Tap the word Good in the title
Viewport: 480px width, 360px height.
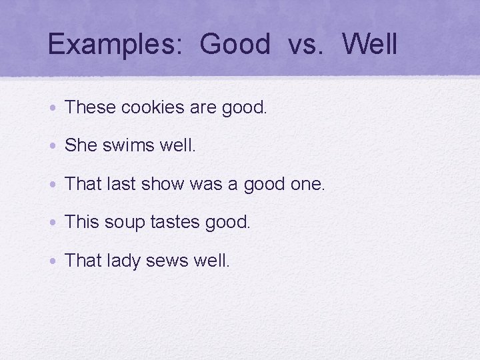235,45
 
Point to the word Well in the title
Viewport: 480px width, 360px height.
370,45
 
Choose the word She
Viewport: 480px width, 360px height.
81,145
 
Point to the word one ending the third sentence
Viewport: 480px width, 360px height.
308,184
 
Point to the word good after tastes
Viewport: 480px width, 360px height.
227,222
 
